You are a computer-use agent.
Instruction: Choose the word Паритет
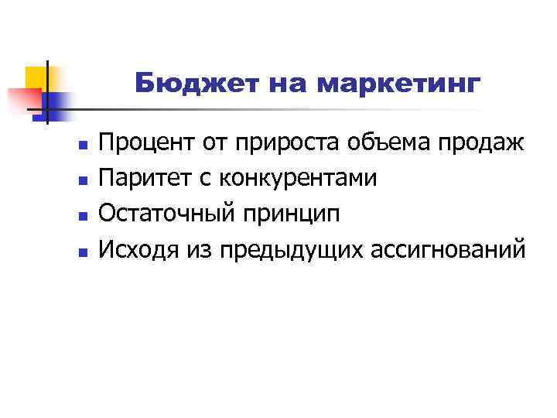pyautogui.click(x=147, y=178)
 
